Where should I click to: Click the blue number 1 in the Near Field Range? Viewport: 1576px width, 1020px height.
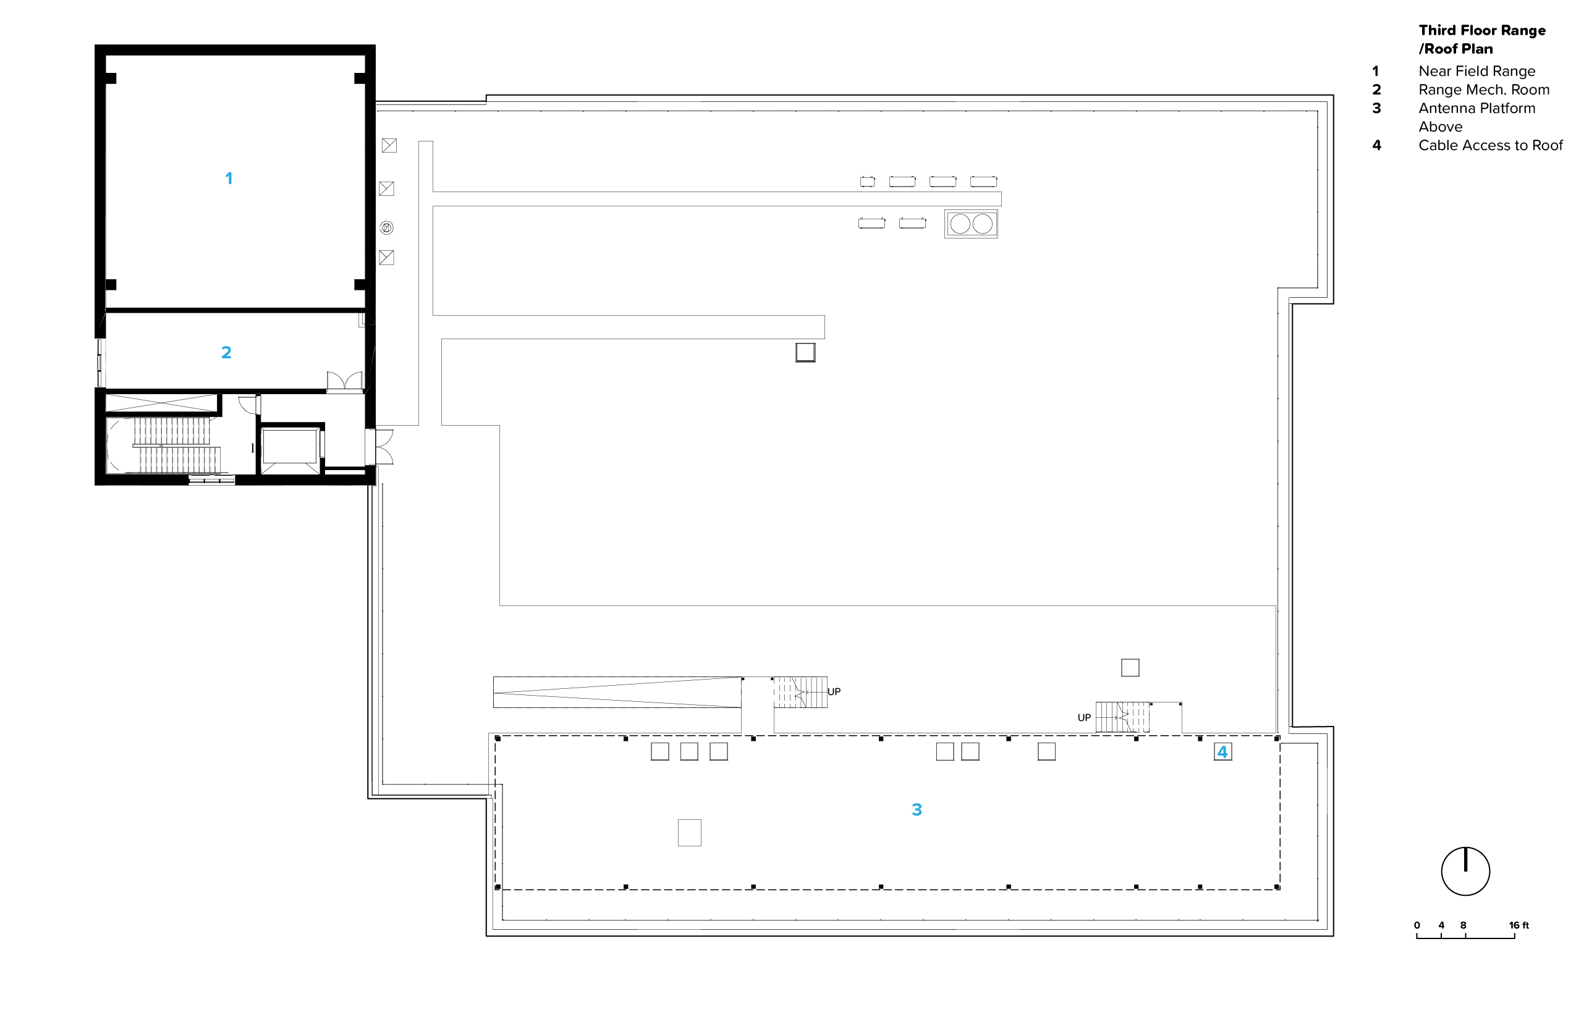coord(229,178)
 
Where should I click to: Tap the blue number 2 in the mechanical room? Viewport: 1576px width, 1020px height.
coord(226,352)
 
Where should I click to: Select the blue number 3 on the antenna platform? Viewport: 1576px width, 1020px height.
coord(917,809)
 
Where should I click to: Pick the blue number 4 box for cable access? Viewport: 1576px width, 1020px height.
coord(1222,752)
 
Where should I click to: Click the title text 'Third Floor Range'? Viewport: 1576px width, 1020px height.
coord(1482,30)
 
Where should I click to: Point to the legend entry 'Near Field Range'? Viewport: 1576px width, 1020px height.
coord(1476,72)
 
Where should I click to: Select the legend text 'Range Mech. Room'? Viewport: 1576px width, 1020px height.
coord(1484,90)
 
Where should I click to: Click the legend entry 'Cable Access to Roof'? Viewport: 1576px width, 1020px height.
coord(1491,146)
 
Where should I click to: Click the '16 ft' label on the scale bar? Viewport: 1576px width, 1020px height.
coord(1519,925)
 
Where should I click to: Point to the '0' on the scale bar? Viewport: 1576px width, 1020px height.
coord(1417,925)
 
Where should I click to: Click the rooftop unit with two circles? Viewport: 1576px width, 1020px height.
coord(971,224)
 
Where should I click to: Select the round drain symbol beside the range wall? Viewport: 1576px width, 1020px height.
coord(387,228)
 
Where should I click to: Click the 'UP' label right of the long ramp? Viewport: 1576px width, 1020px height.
coord(834,692)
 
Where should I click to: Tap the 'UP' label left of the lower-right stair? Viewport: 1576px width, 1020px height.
coord(1084,717)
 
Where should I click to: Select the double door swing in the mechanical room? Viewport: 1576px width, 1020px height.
coord(345,381)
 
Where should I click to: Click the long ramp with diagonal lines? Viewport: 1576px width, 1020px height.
coord(617,693)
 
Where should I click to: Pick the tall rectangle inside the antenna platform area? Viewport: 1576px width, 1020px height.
coord(689,833)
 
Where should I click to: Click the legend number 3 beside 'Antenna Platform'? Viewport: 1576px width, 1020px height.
coord(1377,109)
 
